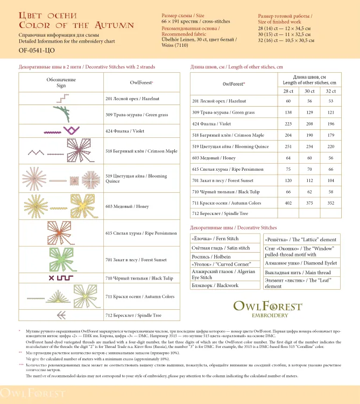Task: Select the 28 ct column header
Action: point(288,91)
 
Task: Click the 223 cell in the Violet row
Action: point(288,123)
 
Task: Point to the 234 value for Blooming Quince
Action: point(309,146)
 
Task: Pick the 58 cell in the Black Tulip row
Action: point(330,192)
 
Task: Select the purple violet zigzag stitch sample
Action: point(60,129)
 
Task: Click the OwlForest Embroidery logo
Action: point(267,309)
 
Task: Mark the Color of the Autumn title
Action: point(76,25)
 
